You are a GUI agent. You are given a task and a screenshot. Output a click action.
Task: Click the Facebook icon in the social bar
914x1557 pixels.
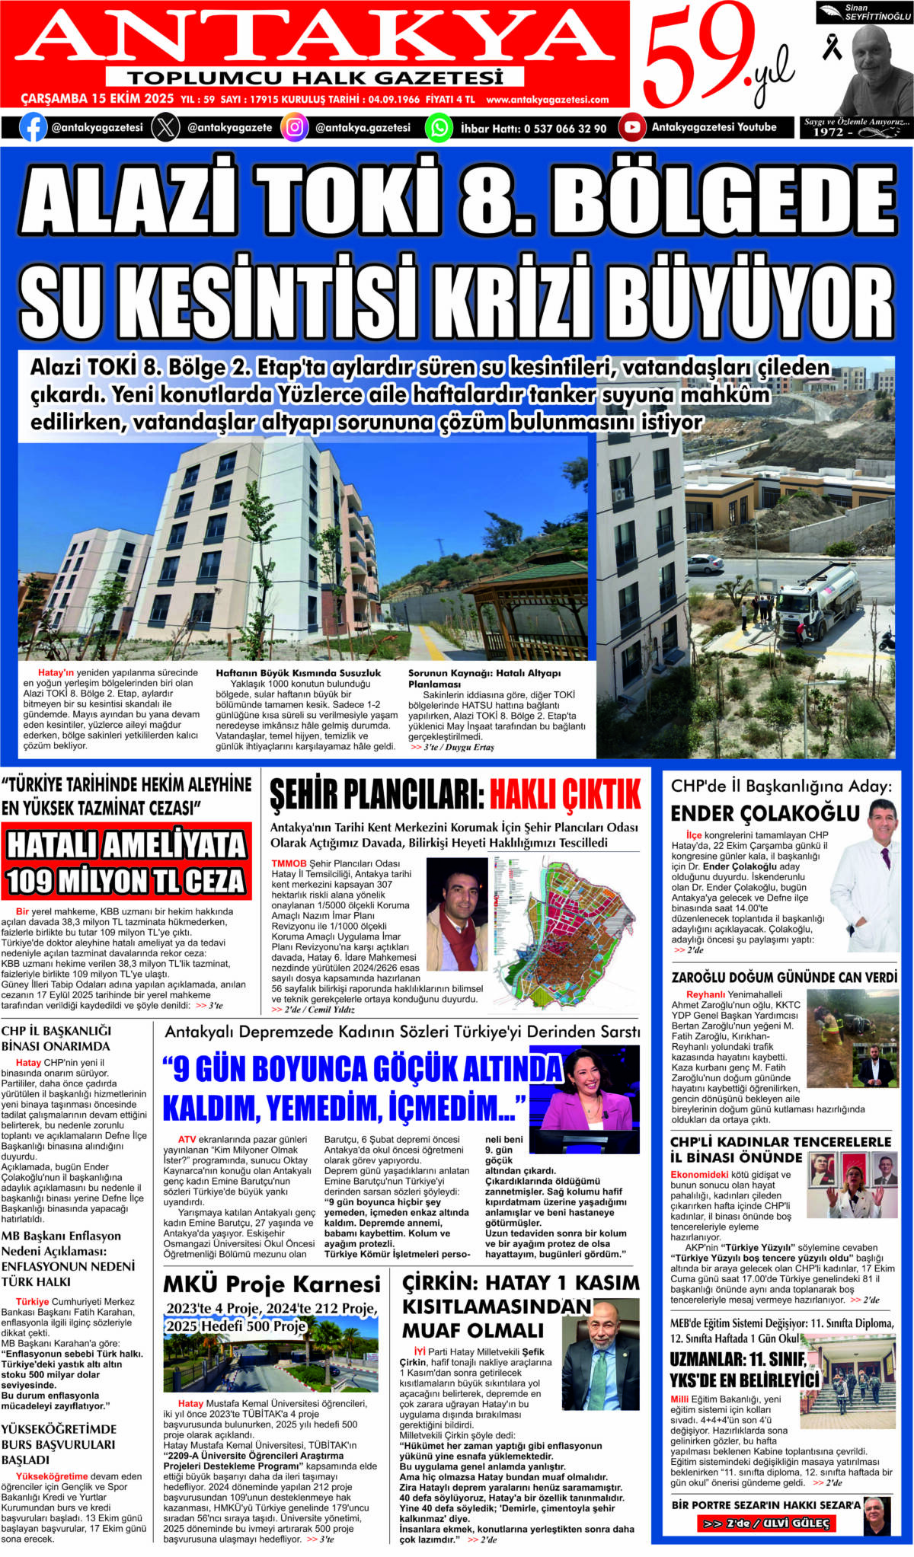[33, 127]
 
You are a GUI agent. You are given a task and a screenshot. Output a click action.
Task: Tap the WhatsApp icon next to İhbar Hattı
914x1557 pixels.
[439, 127]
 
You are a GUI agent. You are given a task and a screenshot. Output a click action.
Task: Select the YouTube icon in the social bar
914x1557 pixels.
[631, 127]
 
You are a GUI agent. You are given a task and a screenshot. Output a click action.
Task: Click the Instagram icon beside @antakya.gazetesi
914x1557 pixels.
[294, 127]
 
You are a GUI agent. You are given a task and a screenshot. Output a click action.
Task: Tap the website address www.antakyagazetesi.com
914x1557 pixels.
[547, 100]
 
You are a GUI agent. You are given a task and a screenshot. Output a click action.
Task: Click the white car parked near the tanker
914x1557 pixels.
[705, 563]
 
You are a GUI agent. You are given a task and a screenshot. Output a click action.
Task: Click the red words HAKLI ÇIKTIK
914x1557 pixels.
[564, 795]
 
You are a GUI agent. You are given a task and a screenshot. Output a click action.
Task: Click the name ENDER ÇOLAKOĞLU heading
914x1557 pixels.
[765, 813]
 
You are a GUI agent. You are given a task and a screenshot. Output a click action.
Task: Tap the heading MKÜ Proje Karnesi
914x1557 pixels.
[272, 1284]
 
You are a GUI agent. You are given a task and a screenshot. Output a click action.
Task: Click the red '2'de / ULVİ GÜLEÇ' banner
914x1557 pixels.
[766, 1523]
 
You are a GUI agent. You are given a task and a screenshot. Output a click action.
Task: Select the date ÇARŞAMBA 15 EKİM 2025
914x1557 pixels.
[97, 99]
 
